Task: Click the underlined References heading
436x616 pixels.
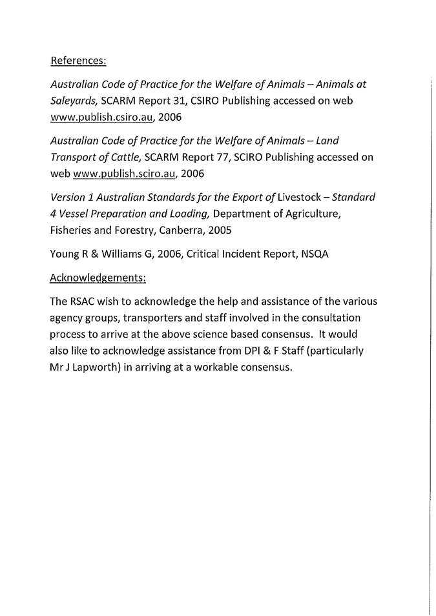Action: [78, 61]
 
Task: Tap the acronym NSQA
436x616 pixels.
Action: [315, 254]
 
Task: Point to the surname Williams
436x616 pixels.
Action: [114, 254]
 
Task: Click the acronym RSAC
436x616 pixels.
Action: [82, 302]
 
